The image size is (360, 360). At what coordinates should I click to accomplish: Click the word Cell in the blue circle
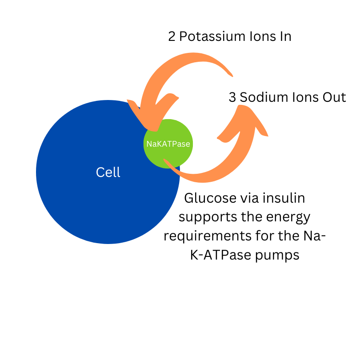click(x=108, y=172)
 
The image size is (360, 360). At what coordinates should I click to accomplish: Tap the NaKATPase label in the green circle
click(x=168, y=144)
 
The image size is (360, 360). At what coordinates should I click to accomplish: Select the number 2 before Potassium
click(x=172, y=36)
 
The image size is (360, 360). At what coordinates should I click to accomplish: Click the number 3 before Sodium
click(x=232, y=97)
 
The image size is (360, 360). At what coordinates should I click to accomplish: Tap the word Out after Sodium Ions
click(x=333, y=97)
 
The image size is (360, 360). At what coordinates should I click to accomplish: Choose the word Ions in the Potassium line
click(x=255, y=36)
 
